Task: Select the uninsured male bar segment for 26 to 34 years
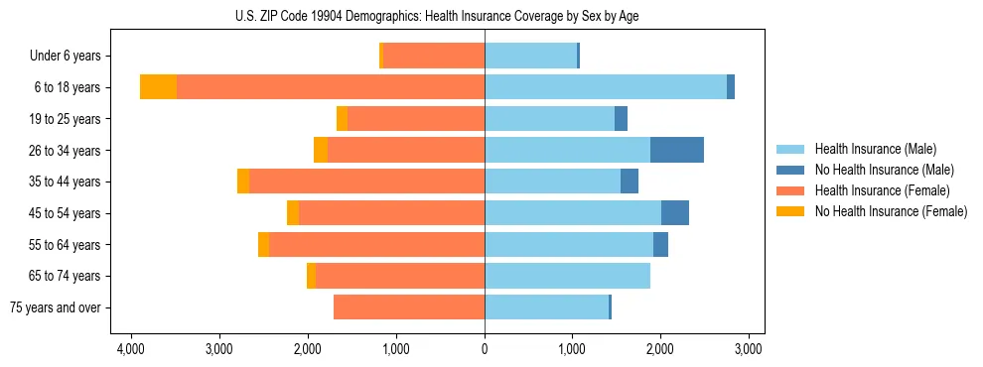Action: pos(676,150)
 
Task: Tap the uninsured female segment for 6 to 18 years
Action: pos(158,87)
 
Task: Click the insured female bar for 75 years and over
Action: pos(409,307)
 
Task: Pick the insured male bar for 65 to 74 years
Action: pos(567,276)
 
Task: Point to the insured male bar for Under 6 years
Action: pos(530,56)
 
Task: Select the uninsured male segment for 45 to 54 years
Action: pos(675,213)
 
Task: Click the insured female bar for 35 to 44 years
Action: pos(366,182)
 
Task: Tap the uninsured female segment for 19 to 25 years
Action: pos(342,119)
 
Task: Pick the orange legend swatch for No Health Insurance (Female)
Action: pos(790,211)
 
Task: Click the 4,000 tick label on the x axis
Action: pos(130,349)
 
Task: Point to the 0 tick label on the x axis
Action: pos(485,349)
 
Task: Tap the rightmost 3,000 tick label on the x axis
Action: pos(748,349)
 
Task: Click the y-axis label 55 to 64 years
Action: pos(65,245)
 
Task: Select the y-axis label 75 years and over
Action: pos(55,307)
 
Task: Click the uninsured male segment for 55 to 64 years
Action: pos(660,245)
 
